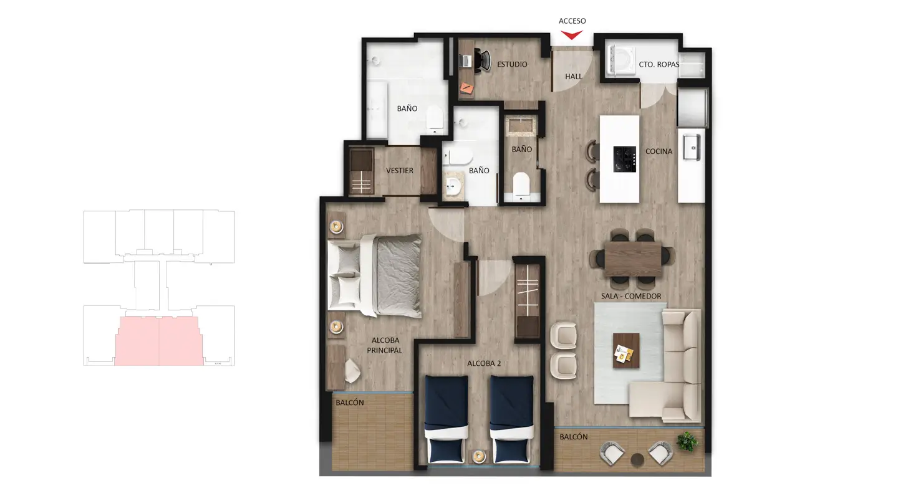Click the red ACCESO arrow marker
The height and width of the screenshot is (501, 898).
point(572,35)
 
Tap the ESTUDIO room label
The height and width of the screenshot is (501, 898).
point(512,64)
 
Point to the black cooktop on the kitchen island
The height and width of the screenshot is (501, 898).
point(625,160)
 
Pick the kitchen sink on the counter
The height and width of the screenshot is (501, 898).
point(692,148)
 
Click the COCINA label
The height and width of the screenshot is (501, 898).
point(659,151)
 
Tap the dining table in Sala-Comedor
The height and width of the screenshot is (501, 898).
point(633,259)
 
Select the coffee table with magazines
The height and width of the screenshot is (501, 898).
point(626,350)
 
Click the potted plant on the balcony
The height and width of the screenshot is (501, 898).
point(687,441)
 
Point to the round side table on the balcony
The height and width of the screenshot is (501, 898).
point(637,460)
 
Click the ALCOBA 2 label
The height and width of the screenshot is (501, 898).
point(484,363)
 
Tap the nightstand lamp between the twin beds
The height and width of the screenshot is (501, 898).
point(479,456)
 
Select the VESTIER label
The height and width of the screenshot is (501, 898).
point(399,171)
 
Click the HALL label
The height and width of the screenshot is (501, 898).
point(573,77)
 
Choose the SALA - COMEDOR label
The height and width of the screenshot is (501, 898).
point(631,297)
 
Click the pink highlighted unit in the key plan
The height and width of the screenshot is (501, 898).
point(159,341)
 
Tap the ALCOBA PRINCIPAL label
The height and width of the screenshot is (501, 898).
point(384,345)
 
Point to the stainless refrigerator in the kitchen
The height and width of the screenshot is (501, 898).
point(693,107)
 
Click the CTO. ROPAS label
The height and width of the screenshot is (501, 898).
point(659,64)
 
